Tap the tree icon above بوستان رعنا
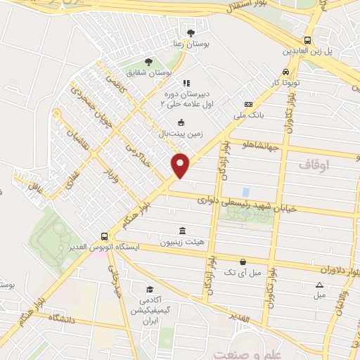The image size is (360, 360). (191, 32)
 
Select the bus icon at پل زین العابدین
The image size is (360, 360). (307, 40)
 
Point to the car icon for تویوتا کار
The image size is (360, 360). (285, 72)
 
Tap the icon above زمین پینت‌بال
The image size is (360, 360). (181, 122)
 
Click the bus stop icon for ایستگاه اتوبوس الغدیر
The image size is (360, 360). (105, 237)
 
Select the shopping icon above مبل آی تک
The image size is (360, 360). (242, 261)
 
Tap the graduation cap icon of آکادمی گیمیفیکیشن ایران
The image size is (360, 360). (149, 289)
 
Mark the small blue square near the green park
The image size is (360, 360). (245, 192)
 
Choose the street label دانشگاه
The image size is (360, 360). (60, 318)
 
